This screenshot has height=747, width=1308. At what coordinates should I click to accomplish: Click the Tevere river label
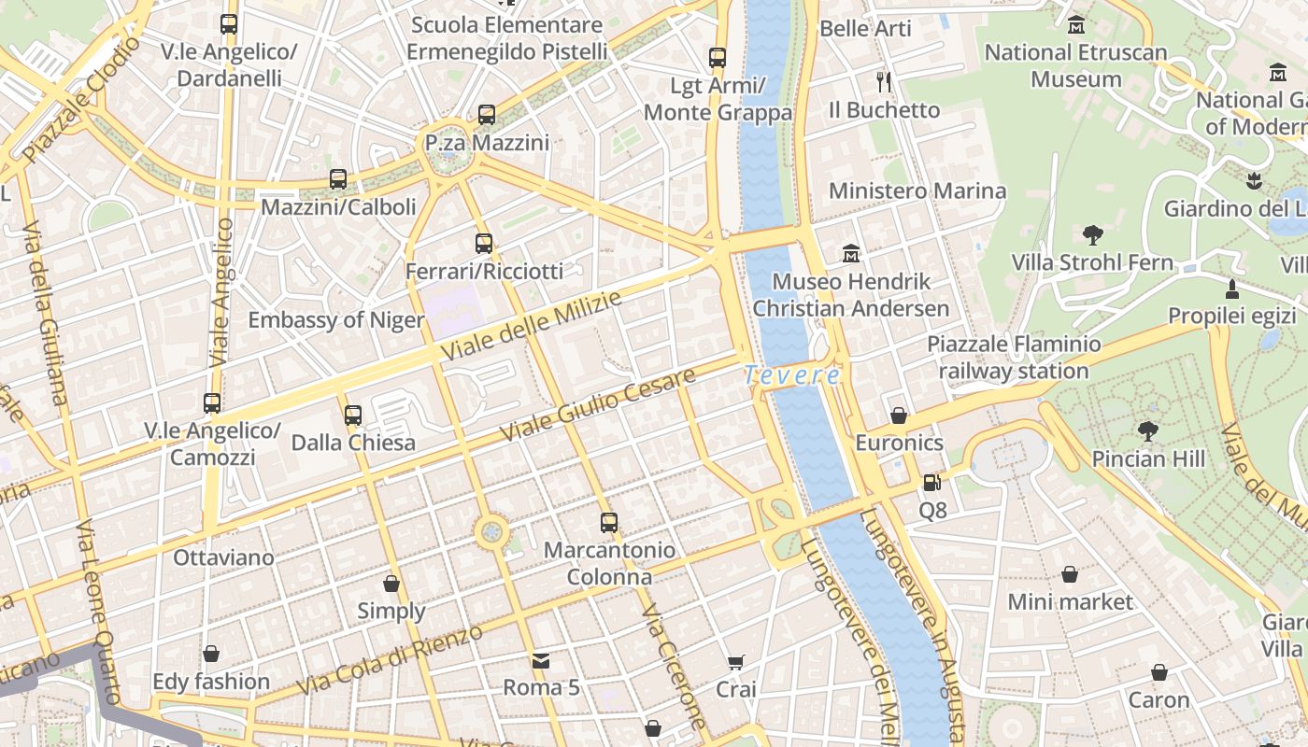pos(792,375)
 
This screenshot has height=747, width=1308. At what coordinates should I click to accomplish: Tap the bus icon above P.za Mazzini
pos(487,115)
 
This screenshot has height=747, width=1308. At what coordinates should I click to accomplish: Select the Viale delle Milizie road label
pos(533,327)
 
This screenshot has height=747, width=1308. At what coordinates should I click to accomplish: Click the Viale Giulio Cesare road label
pos(599,405)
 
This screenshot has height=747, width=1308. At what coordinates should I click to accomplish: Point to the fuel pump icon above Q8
pos(931,483)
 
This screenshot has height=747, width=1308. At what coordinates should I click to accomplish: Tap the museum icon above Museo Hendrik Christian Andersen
pos(850,253)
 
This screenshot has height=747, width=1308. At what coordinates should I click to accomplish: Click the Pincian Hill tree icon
pos(1147,430)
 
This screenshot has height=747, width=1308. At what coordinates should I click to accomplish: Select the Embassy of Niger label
pos(336,320)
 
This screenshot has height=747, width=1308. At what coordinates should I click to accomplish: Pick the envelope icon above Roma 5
pos(541,661)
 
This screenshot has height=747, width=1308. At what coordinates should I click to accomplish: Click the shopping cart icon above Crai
pos(735,663)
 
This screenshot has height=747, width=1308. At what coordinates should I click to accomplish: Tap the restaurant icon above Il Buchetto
pos(884,82)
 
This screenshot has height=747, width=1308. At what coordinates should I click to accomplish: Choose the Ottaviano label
pos(224,557)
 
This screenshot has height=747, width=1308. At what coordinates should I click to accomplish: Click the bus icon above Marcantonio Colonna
pos(609,522)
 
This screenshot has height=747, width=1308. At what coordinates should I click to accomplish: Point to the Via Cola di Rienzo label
pos(390,659)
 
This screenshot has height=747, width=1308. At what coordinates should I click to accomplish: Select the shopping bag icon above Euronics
pos(899,415)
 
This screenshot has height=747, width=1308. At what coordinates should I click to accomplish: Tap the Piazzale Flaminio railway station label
pos(1014,358)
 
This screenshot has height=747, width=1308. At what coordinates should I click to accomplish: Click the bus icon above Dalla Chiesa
pos(353,415)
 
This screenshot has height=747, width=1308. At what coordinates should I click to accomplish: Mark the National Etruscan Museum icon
pos(1076,24)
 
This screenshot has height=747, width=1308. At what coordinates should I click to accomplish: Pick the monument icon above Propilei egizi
pos(1232,288)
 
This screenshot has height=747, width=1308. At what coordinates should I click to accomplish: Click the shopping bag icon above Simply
pos(391,584)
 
